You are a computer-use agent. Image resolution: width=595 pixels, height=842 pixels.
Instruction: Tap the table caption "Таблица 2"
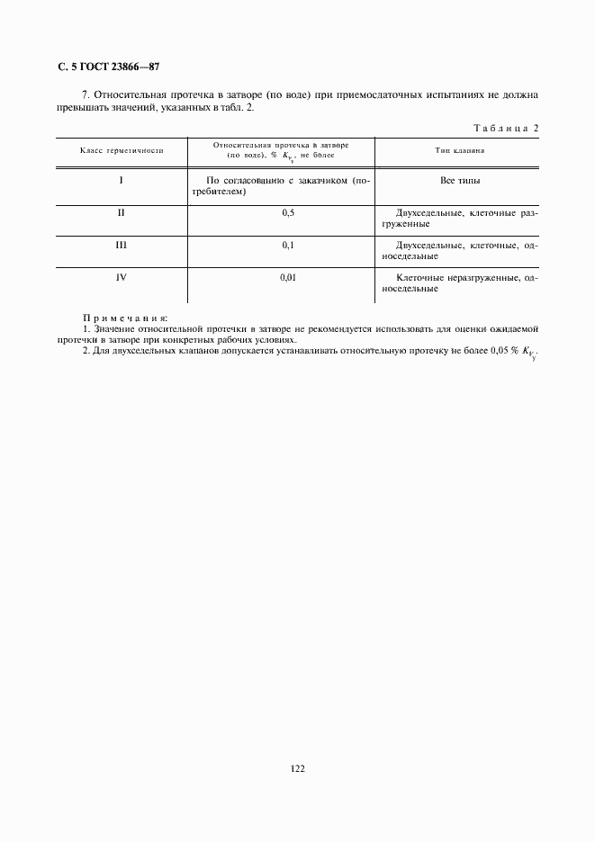point(503,128)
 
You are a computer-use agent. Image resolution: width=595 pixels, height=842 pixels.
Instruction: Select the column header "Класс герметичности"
point(122,150)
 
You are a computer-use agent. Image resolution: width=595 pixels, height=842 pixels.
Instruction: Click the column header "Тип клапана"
point(460,150)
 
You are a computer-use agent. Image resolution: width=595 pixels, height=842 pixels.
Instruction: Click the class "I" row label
point(121,181)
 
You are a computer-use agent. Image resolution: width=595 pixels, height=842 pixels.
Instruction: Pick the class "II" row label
point(121,212)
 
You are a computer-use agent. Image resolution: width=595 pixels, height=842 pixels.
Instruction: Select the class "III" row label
point(121,244)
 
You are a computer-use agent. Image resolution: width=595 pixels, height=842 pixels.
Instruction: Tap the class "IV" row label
point(121,276)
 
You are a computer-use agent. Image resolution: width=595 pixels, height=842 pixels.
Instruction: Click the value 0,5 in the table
point(288,212)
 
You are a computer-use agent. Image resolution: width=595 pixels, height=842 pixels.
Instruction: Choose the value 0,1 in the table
point(288,244)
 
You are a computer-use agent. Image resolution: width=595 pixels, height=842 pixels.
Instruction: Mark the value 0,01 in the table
point(288,276)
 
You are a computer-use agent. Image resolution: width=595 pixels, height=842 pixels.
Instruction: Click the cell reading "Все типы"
point(460,181)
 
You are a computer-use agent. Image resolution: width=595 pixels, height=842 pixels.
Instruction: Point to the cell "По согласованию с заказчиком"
point(288,186)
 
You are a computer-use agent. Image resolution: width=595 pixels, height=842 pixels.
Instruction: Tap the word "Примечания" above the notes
point(125,318)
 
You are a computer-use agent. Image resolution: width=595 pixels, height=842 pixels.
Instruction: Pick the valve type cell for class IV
point(460,282)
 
